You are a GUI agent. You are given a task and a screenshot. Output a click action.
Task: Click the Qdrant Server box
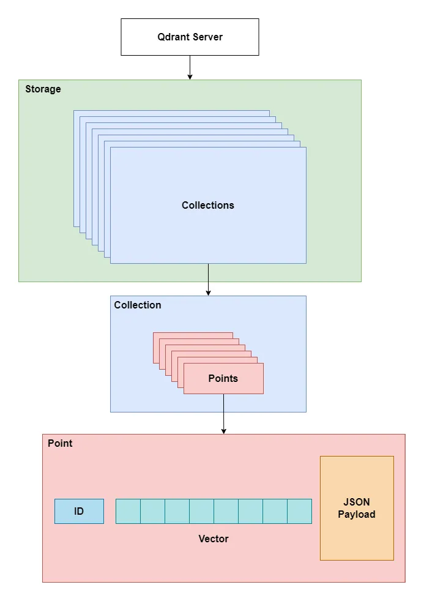click(x=190, y=37)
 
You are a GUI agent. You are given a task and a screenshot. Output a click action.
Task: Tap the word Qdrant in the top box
click(x=173, y=37)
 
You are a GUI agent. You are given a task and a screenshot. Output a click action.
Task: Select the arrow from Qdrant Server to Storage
click(x=190, y=67)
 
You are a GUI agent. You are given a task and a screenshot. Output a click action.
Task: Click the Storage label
click(x=43, y=89)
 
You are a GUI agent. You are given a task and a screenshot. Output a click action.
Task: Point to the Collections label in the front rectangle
click(x=207, y=205)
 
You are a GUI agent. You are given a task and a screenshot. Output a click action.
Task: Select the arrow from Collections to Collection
click(x=208, y=279)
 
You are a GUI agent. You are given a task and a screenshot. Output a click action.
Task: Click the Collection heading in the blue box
click(x=138, y=305)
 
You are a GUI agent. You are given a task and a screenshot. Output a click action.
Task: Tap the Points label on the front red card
click(x=223, y=378)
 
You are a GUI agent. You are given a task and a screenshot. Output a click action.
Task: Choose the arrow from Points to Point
click(x=223, y=414)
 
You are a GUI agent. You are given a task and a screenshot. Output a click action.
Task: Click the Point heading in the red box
click(x=60, y=443)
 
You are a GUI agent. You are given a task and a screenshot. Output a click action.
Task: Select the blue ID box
click(x=79, y=511)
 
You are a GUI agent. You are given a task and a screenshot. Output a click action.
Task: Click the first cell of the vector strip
click(x=128, y=511)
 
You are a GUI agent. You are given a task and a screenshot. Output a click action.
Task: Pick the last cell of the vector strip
click(x=299, y=511)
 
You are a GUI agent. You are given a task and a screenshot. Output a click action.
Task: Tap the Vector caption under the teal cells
click(x=214, y=539)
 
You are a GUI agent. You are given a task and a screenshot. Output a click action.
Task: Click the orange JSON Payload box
click(x=357, y=508)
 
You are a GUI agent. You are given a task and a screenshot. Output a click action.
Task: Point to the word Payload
click(x=357, y=514)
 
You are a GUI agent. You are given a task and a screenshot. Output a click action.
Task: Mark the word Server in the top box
click(x=208, y=37)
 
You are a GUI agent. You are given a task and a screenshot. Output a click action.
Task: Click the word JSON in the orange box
click(x=357, y=502)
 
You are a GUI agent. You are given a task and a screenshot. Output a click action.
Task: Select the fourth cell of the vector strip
click(x=201, y=511)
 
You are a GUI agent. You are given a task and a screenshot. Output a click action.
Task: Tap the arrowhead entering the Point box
click(x=223, y=431)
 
